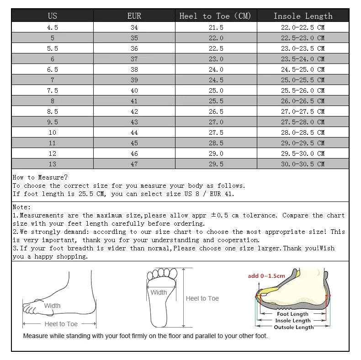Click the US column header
pos(53,16)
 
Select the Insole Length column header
pos(303,16)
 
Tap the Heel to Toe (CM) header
pos(216,16)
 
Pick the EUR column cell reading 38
pos(134,69)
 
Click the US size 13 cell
pos(53,164)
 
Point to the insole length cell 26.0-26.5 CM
pos(303,101)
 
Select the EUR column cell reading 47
pos(134,164)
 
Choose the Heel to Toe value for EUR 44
pos(216,132)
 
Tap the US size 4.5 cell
pos(53,27)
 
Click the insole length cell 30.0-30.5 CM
pos(303,164)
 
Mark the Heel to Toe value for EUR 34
pos(216,27)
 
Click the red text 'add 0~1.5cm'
pos(266,276)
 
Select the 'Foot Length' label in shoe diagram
pos(293,314)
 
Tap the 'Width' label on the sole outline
pos(159,292)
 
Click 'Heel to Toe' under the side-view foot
pos(61,324)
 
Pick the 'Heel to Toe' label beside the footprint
pos(202,298)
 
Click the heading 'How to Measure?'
pos(40,177)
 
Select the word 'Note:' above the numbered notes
pos(22,207)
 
